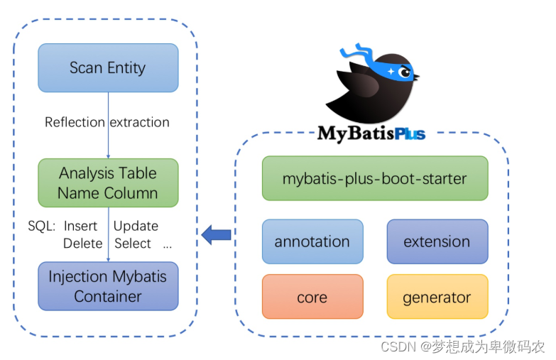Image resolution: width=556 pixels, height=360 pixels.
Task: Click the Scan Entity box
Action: coord(107,68)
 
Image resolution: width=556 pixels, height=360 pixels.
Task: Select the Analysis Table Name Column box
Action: coord(107,182)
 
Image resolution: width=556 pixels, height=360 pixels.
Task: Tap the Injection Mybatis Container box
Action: coord(107,286)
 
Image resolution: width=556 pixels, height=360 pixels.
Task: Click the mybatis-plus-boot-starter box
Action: coord(374,178)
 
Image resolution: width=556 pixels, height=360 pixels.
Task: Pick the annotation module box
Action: coord(312,241)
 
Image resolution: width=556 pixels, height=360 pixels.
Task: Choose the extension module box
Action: coord(437,241)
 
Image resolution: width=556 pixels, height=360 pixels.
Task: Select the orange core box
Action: coord(312,297)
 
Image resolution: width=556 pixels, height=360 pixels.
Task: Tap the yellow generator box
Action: coord(437,297)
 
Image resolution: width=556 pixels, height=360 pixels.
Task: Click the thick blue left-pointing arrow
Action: coord(216,234)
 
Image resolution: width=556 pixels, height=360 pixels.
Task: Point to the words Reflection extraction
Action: coord(107,122)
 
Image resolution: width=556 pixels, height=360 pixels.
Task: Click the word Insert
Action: coord(80,226)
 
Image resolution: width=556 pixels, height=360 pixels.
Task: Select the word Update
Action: coord(136,226)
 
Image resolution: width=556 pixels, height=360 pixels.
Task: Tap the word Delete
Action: coord(82,244)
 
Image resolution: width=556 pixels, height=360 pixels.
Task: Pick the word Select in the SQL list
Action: coord(133,244)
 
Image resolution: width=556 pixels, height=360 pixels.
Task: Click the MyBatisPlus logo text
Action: coord(371,133)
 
